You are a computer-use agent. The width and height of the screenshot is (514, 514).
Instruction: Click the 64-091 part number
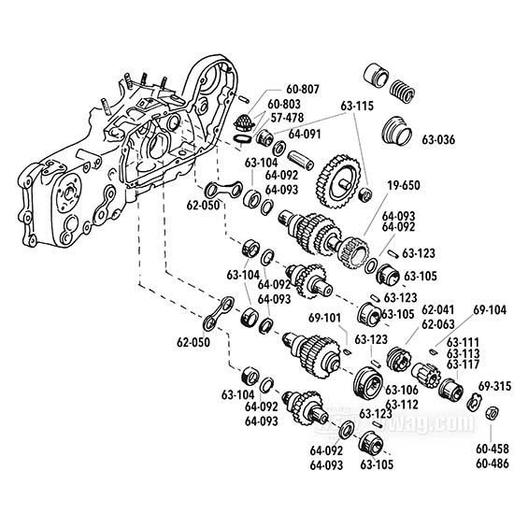[305, 134]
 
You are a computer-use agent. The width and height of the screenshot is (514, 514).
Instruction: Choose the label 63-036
[438, 140]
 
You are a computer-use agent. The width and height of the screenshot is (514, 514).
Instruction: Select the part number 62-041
[438, 308]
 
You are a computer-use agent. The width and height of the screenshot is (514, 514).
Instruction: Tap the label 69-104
[490, 308]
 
